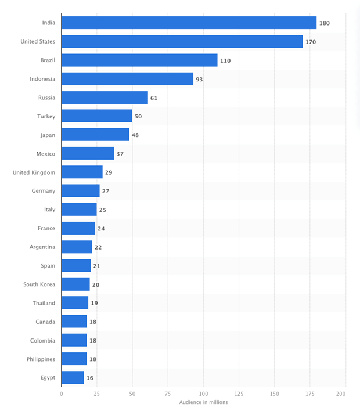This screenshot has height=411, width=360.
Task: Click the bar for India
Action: pyautogui.click(x=189, y=23)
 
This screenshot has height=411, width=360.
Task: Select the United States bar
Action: pyautogui.click(x=182, y=41)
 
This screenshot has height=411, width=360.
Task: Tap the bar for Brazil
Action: pyautogui.click(x=139, y=60)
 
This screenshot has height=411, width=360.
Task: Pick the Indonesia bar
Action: pyautogui.click(x=127, y=79)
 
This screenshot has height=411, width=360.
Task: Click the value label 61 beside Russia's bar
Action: pyautogui.click(x=154, y=98)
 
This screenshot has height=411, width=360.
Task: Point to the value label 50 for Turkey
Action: pyautogui.click(x=138, y=117)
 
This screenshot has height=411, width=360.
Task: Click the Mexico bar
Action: pyautogui.click(x=88, y=154)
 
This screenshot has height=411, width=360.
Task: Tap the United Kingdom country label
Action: pyautogui.click(x=34, y=172)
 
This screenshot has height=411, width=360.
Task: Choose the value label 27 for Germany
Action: pyautogui.click(x=106, y=191)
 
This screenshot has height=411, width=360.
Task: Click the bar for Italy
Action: pyautogui.click(x=79, y=210)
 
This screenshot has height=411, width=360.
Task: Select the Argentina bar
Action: pyautogui.click(x=77, y=247)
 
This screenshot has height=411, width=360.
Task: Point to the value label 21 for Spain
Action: pyautogui.click(x=97, y=266)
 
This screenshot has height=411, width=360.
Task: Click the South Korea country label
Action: pyautogui.click(x=39, y=284)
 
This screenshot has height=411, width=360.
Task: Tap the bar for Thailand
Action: pyautogui.click(x=75, y=303)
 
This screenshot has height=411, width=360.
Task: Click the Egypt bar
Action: pyautogui.click(x=73, y=377)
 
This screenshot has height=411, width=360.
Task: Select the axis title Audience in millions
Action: pyautogui.click(x=204, y=402)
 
